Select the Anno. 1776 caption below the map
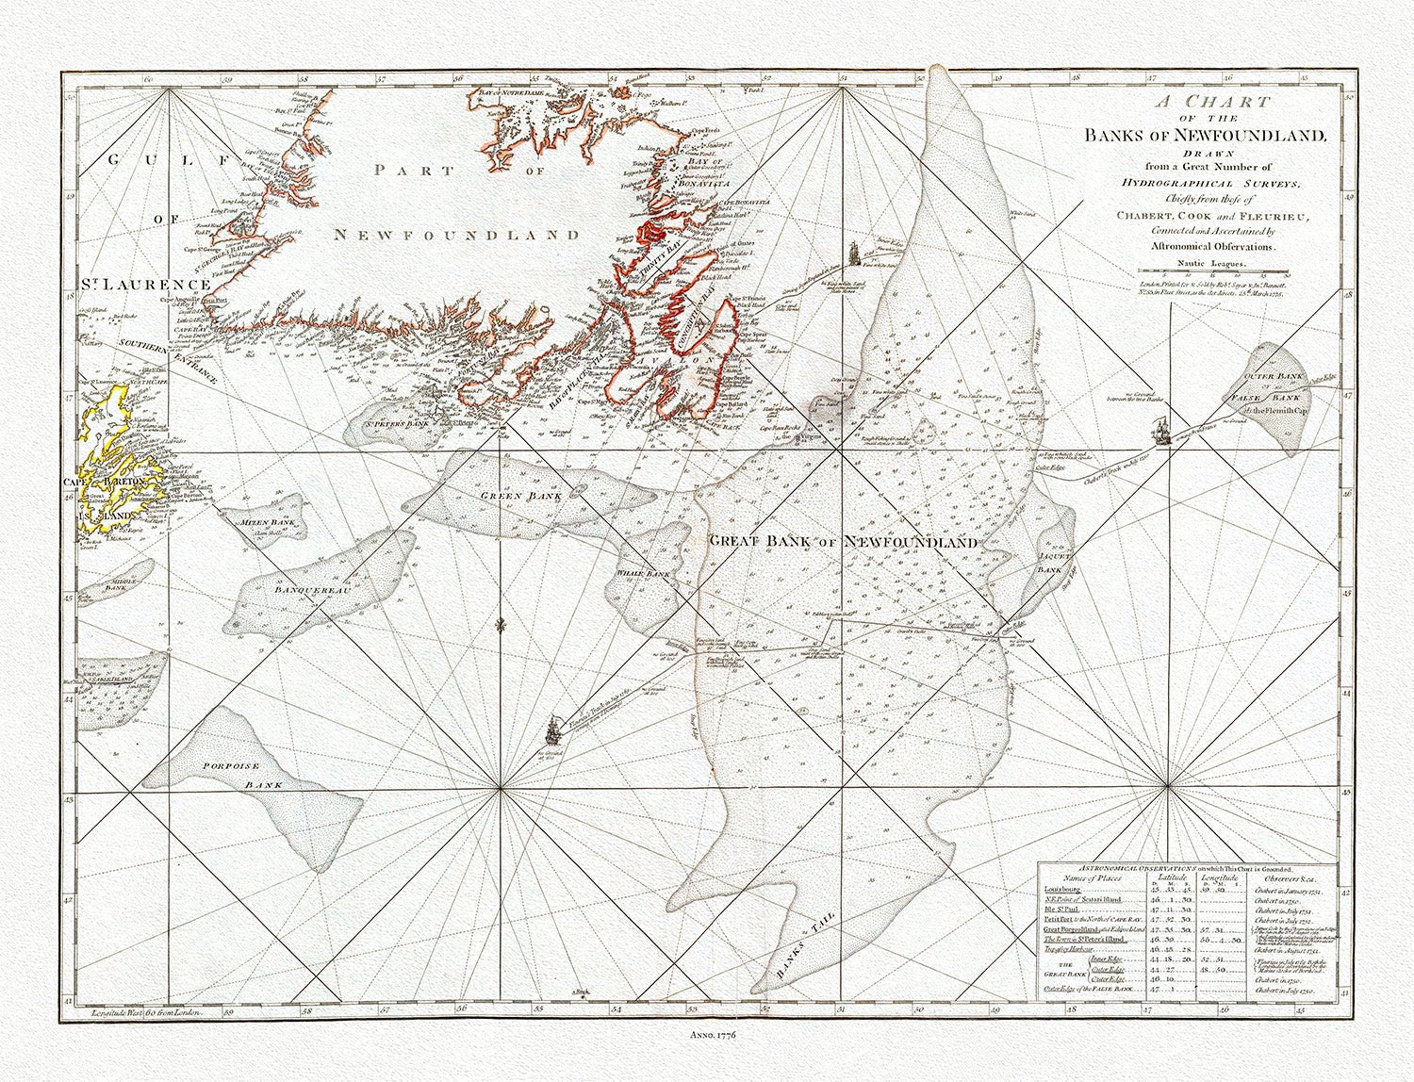pos(708,1036)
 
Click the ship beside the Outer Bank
pos(1161,434)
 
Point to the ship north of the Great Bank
pos(854,254)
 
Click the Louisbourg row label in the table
pos(1064,888)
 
